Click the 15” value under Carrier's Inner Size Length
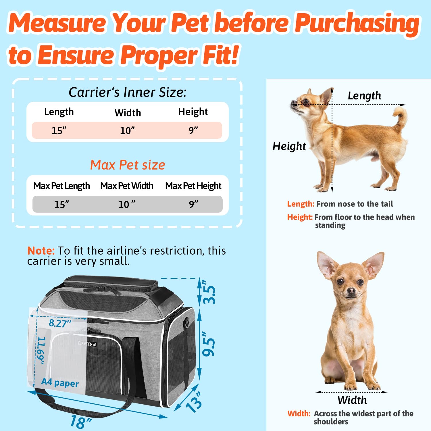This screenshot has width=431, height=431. coord(59,130)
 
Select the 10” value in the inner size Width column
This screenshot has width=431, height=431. coord(127,130)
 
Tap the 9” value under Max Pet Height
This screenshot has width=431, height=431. coord(193,204)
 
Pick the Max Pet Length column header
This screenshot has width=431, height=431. coord(61,186)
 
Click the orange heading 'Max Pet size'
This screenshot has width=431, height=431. coord(128,165)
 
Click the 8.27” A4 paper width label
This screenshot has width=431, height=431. coord(60,323)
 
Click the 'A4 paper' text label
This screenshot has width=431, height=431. coord(60,382)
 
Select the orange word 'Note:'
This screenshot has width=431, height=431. coord(41,251)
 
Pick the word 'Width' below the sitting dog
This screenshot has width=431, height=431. coord(352,400)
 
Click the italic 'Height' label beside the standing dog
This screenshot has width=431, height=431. coord(289,146)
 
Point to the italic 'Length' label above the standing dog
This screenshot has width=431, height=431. coord(364,95)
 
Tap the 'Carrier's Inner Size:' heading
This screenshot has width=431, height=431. coord(128,92)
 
